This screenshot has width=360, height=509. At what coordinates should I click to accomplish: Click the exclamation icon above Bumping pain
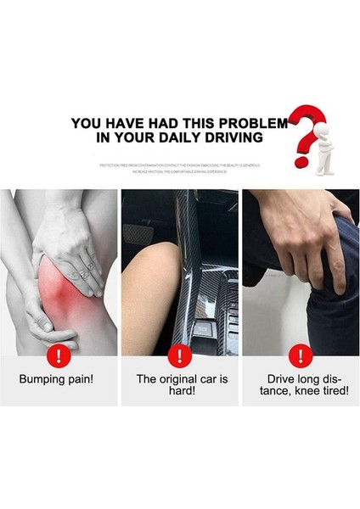click(x=59, y=355)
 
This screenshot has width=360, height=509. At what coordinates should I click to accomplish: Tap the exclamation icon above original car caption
click(x=179, y=355)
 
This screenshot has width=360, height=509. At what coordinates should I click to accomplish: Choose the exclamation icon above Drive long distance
click(x=300, y=355)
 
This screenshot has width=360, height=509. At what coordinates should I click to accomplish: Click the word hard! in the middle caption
click(x=180, y=391)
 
